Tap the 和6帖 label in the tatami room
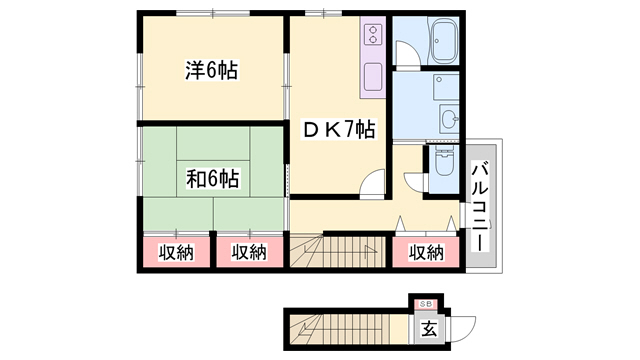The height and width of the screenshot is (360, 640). point(212,180)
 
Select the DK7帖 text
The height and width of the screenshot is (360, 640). point(340,130)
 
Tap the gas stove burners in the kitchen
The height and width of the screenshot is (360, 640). point(371,37)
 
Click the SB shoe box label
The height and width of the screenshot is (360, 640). point(425,303)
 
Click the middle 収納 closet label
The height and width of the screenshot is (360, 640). point(250,253)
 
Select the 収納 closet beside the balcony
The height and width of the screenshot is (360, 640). point(425,253)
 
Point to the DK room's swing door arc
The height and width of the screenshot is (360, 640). point(371,184)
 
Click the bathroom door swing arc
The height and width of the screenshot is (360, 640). point(406,56)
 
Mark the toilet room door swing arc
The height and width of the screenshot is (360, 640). point(414,182)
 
